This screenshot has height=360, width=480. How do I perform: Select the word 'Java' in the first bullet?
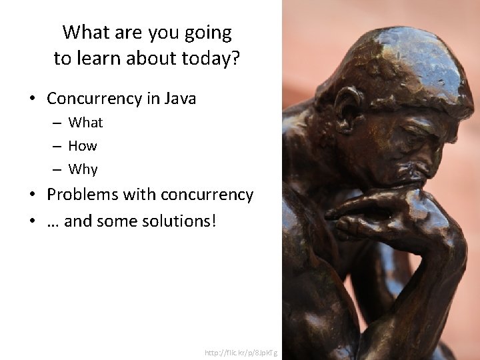[x=179, y=99]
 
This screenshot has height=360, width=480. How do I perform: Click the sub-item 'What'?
[x=85, y=123]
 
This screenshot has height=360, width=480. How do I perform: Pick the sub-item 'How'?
[x=83, y=146]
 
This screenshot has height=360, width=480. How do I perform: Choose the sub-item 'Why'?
[x=83, y=169]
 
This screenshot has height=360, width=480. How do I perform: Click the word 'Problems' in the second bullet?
[x=79, y=195]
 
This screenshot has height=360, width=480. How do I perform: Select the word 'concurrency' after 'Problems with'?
[x=207, y=195]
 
